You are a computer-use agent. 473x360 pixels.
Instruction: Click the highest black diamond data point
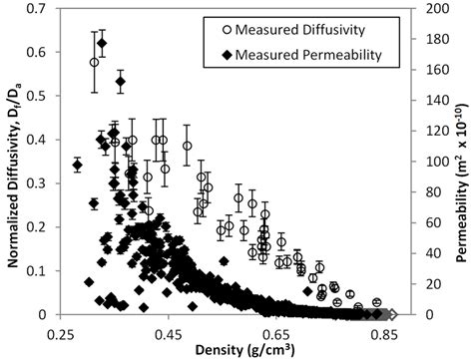[103, 43]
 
